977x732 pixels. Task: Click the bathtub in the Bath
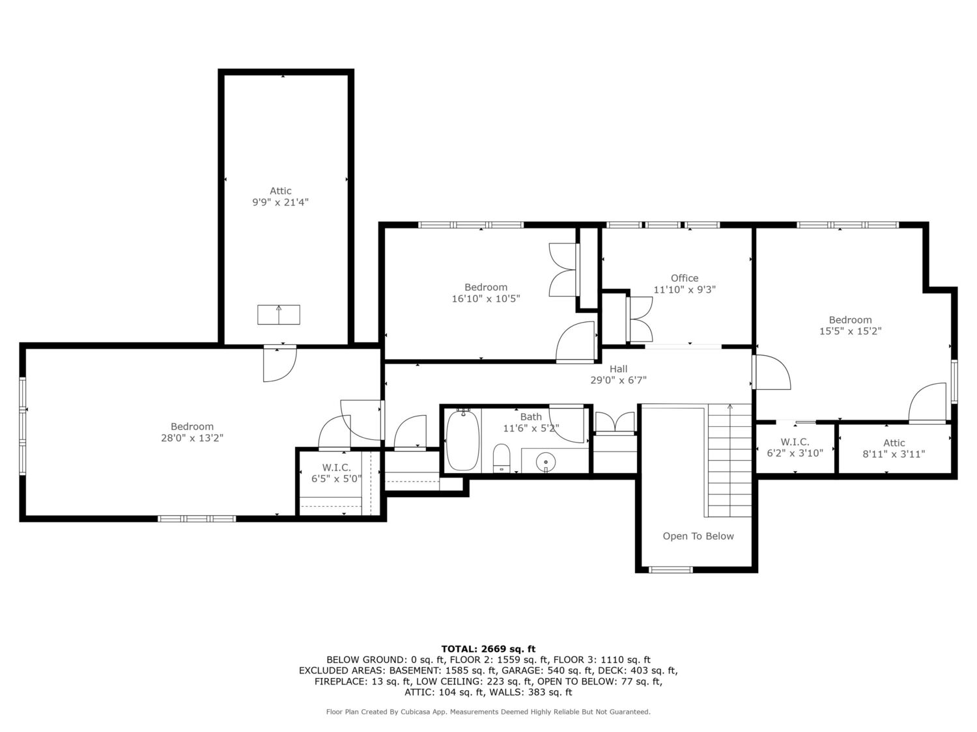(462, 440)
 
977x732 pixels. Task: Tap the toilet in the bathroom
(502, 458)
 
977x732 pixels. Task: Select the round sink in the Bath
(546, 462)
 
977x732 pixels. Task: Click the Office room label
(684, 278)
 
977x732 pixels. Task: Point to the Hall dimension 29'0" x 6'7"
(618, 380)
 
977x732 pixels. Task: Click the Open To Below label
(698, 536)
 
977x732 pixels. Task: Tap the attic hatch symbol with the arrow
(279, 315)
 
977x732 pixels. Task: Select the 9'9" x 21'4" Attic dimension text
(281, 202)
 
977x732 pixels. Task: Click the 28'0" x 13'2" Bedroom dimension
(192, 438)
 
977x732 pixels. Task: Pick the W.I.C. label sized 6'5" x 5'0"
(337, 473)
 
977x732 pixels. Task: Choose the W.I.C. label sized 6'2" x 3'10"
(795, 448)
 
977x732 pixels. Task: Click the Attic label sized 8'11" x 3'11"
(894, 448)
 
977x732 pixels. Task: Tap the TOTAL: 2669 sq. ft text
(488, 649)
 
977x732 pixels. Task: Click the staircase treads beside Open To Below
(729, 461)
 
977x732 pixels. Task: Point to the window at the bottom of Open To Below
(670, 569)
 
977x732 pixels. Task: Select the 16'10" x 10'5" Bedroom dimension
(486, 299)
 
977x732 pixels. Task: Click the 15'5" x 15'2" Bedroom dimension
(850, 331)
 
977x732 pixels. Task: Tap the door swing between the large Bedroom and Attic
(279, 364)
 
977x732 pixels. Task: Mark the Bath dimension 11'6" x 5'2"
(531, 428)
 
